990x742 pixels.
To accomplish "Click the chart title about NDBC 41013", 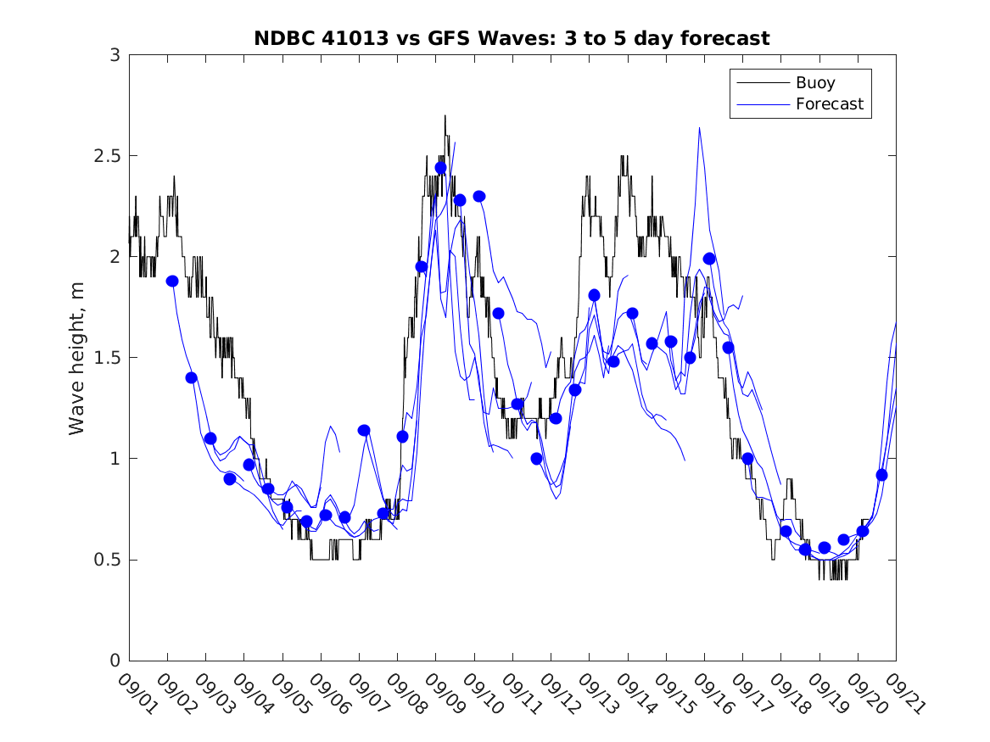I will pos(512,38).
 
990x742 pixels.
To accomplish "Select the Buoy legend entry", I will pos(814,83).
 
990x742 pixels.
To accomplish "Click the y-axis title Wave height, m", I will pos(77,357).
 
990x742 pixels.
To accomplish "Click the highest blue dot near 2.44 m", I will pos(440,168).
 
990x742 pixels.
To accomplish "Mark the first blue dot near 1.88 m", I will pos(172,281).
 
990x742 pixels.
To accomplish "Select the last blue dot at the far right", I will pos(881,475).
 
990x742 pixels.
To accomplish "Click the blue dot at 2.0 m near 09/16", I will pos(709,259).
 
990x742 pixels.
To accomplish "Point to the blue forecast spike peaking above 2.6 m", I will pos(699,129).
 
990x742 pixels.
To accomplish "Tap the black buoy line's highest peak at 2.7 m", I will pos(445,116).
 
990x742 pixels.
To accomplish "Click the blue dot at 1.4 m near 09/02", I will pos(191,377).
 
